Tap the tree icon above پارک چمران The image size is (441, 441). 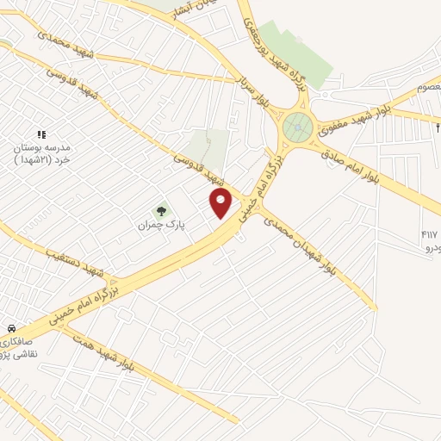pos(158,210)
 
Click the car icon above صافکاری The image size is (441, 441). pos(12,329)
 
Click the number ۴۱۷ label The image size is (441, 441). pos(429,234)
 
